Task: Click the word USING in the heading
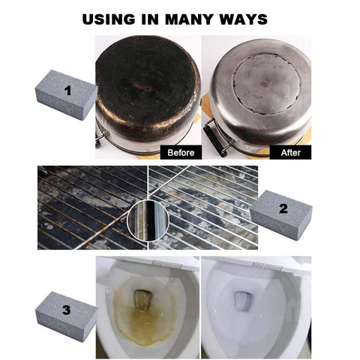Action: (109, 19)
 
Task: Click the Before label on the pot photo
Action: (181, 152)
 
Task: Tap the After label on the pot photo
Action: (290, 152)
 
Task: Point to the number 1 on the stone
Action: (67, 91)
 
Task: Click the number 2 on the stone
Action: (283, 208)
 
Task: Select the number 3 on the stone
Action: (67, 310)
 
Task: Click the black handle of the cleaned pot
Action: (212, 139)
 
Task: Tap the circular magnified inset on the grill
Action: (148, 220)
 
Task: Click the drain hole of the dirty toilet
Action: (142, 300)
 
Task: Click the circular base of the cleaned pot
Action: (266, 84)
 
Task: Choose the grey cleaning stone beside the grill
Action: (281, 215)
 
